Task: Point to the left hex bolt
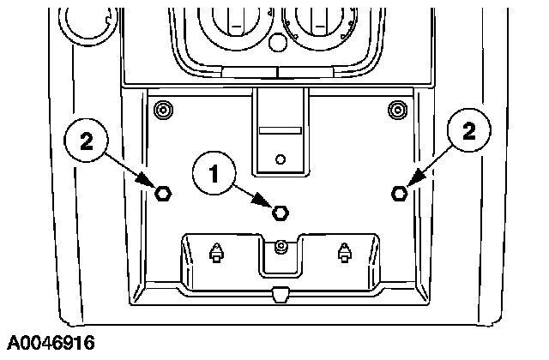[x=161, y=193]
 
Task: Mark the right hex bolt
[x=398, y=193]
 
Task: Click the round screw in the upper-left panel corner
[x=160, y=110]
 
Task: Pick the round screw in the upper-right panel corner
[x=397, y=110]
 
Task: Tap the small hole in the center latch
[x=280, y=159]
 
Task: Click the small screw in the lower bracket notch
[x=280, y=247]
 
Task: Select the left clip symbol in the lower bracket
[x=216, y=252]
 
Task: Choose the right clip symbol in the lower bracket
[x=344, y=252]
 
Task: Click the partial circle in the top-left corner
[x=85, y=21]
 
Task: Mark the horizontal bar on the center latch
[x=279, y=131]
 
